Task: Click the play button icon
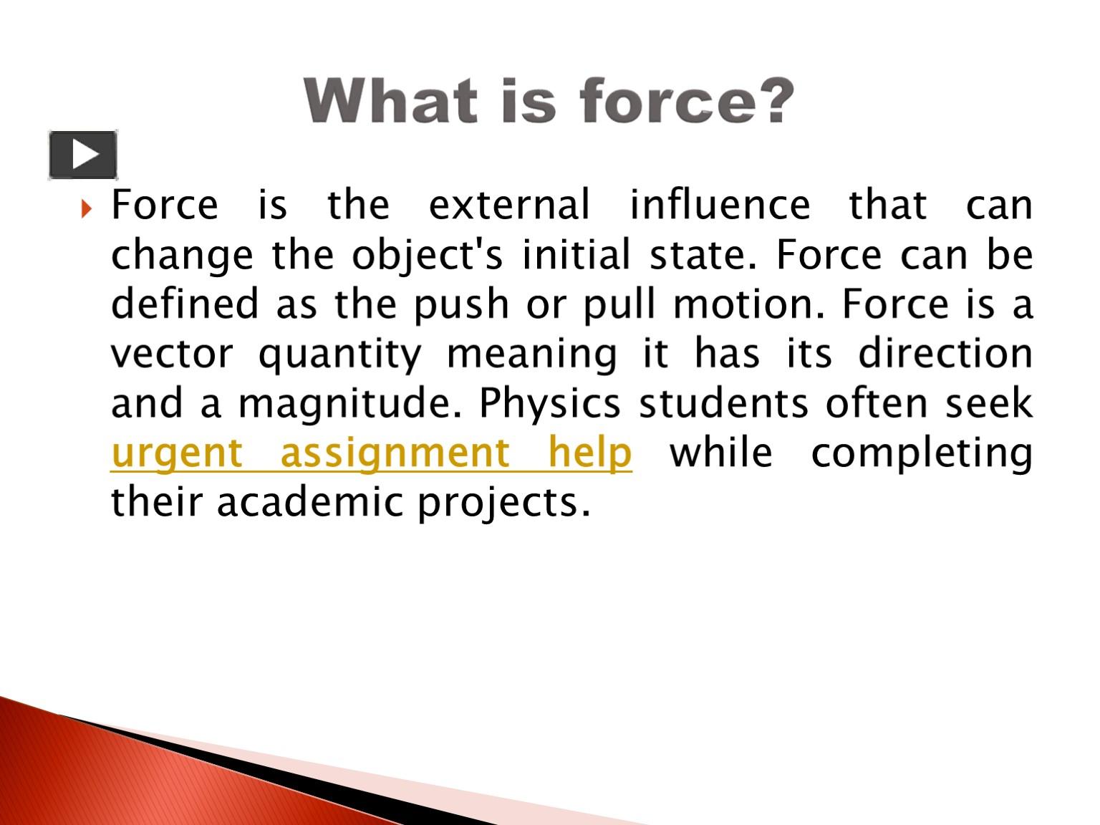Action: pos(83,155)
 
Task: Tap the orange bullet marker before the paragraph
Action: pos(87,209)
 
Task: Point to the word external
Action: pos(509,205)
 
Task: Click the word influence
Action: pos(720,205)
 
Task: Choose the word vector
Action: pos(172,354)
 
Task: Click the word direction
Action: pos(945,354)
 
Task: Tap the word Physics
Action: pos(549,404)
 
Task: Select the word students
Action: pos(723,404)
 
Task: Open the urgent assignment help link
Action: pos(372,454)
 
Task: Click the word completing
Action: pos(922,454)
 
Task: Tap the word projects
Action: pos(503,503)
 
